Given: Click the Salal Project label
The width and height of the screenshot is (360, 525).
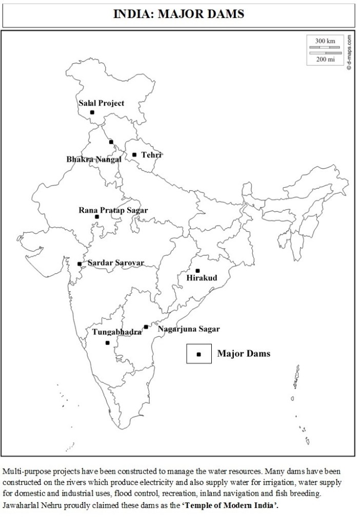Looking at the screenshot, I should pos(101,103).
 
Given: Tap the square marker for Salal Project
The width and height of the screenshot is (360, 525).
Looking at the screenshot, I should pos(92,112).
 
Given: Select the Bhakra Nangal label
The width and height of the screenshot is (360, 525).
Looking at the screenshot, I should pos(94,159).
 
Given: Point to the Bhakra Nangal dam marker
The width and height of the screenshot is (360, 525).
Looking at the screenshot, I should pos(111,142).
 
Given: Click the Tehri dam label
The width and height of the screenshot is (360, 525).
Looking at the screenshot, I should pos(151,154).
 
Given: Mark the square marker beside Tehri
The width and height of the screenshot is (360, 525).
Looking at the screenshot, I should pos(134,154).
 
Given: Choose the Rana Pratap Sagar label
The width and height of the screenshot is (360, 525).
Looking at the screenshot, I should pos(113,210).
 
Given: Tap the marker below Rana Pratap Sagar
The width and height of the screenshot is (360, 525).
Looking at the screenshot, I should pos(97,217).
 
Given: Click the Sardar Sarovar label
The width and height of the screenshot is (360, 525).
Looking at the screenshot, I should pos(116,263).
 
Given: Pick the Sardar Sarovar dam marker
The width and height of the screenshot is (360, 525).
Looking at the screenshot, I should pos(79,264).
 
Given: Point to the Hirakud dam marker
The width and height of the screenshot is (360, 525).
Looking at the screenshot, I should pos(197,271).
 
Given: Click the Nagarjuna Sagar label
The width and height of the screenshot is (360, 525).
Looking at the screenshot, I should pos(189,329).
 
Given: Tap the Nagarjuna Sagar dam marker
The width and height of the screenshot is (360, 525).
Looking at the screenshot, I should pos(146,327).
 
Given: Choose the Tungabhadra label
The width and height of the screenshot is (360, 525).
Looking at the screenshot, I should pos(117,332).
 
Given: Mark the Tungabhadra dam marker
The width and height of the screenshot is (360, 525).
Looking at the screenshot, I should pos(107,342).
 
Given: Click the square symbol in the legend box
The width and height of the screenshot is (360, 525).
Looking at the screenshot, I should pos(199,354).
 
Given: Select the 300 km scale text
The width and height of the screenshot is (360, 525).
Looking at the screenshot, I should pos(325,41).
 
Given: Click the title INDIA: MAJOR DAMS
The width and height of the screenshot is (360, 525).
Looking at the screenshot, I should pos(179,14).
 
